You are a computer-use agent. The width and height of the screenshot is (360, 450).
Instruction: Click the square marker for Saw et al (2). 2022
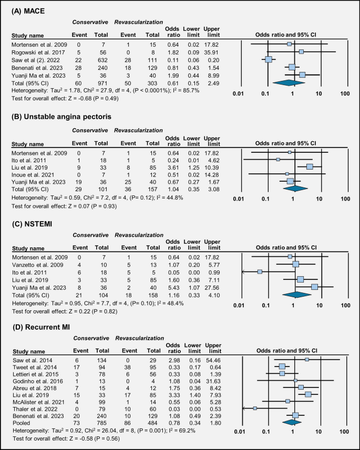pos(268,59)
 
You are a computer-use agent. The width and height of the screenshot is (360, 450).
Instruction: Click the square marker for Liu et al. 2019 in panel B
pos(310,166)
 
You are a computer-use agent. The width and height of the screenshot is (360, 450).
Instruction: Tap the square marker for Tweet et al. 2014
pos(282,367)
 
